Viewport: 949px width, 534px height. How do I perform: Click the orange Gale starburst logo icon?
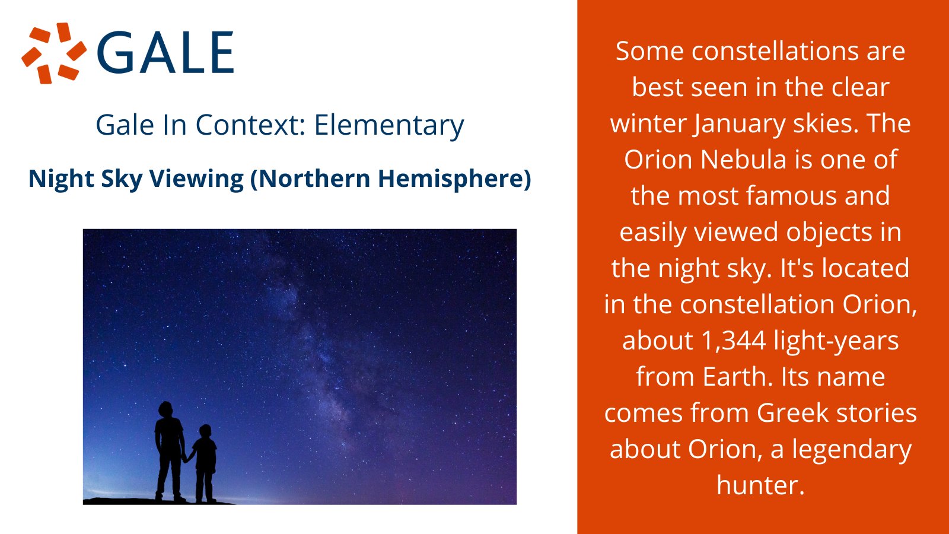click(x=54, y=53)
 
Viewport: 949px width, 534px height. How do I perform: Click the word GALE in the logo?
click(x=165, y=53)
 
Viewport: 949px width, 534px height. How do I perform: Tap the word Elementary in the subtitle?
click(x=389, y=125)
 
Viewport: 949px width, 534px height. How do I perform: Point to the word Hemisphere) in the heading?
click(x=454, y=179)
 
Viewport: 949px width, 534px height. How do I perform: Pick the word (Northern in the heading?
click(x=311, y=179)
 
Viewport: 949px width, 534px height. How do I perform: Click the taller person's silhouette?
click(x=170, y=452)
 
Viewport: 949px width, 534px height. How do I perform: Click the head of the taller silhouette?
click(x=165, y=409)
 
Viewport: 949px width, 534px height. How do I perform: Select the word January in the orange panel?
click(x=739, y=125)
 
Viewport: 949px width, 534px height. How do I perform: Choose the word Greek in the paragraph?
click(x=792, y=413)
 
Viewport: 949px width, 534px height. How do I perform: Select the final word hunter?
click(x=760, y=485)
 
